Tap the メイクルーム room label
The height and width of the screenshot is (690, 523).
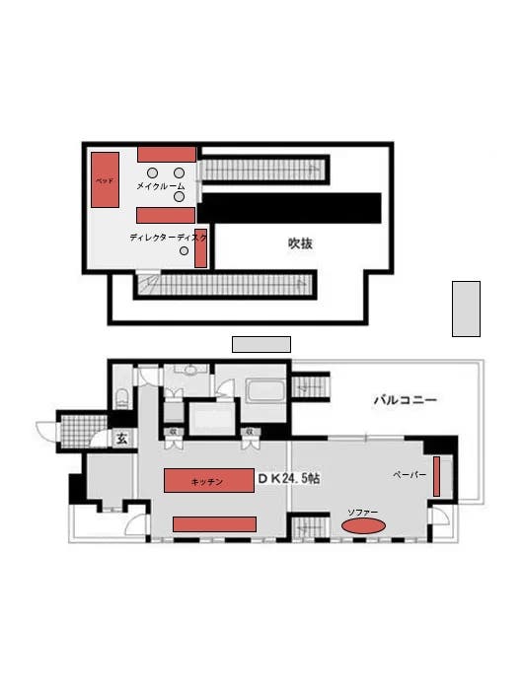click(160, 185)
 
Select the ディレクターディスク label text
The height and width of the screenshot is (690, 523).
click(168, 238)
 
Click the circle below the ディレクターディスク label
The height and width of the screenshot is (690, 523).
click(185, 251)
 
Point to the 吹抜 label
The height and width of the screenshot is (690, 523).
click(300, 242)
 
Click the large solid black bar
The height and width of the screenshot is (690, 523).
click(290, 207)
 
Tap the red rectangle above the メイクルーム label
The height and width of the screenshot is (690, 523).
click(166, 154)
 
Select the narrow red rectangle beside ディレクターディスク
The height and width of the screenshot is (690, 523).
click(200, 248)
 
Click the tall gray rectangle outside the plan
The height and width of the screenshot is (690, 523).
click(466, 309)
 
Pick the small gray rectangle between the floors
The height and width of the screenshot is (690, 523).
click(261, 344)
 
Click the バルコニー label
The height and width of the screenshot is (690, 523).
click(405, 400)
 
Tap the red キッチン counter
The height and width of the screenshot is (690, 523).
click(208, 481)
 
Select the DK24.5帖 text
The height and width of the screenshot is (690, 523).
click(288, 478)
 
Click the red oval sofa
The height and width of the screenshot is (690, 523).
click(363, 527)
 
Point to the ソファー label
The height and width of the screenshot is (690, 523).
click(363, 513)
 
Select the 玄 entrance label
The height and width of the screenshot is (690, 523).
click(121, 439)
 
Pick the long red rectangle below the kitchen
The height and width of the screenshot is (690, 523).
click(214, 523)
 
